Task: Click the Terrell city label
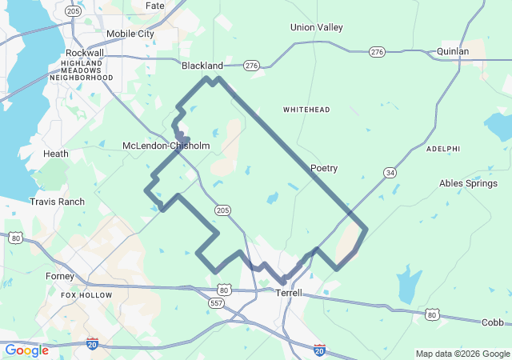tap(289, 293)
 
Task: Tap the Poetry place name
tap(324, 168)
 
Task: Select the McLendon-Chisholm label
tap(166, 146)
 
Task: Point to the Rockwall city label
tap(85, 53)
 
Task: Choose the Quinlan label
tap(453, 51)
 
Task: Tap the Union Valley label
tap(317, 27)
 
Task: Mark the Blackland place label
tap(202, 66)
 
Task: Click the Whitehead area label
tap(306, 109)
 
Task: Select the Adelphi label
tap(443, 149)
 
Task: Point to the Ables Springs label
tap(468, 183)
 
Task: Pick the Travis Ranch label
tap(57, 202)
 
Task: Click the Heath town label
tap(56, 154)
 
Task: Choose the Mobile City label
tap(130, 34)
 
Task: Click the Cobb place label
tap(493, 322)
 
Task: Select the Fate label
tap(155, 6)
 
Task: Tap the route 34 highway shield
tap(390, 173)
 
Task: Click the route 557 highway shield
tap(216, 303)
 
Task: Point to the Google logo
tap(27, 350)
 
